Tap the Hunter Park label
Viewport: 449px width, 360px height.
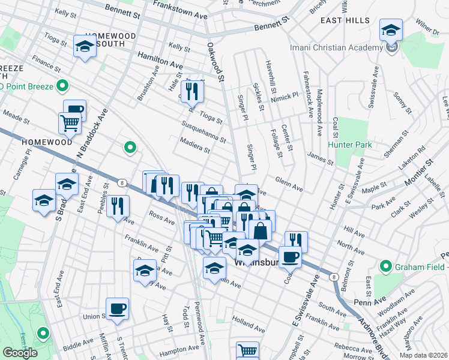coord(350,145)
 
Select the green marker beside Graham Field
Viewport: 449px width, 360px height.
coord(385,266)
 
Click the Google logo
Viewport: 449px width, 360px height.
coord(20,352)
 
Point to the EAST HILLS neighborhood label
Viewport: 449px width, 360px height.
coord(345,20)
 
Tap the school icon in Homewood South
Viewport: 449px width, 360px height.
coord(85,46)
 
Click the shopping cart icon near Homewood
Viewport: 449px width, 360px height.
coord(70,123)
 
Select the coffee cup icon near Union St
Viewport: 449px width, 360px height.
coord(118,308)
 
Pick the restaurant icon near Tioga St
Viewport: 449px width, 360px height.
coord(193,91)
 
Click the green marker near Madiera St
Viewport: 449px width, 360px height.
coord(129,146)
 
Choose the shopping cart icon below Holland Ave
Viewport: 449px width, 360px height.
coord(247,350)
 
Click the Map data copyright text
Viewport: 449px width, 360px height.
coord(423,355)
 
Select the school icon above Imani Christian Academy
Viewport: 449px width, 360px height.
coord(391,30)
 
